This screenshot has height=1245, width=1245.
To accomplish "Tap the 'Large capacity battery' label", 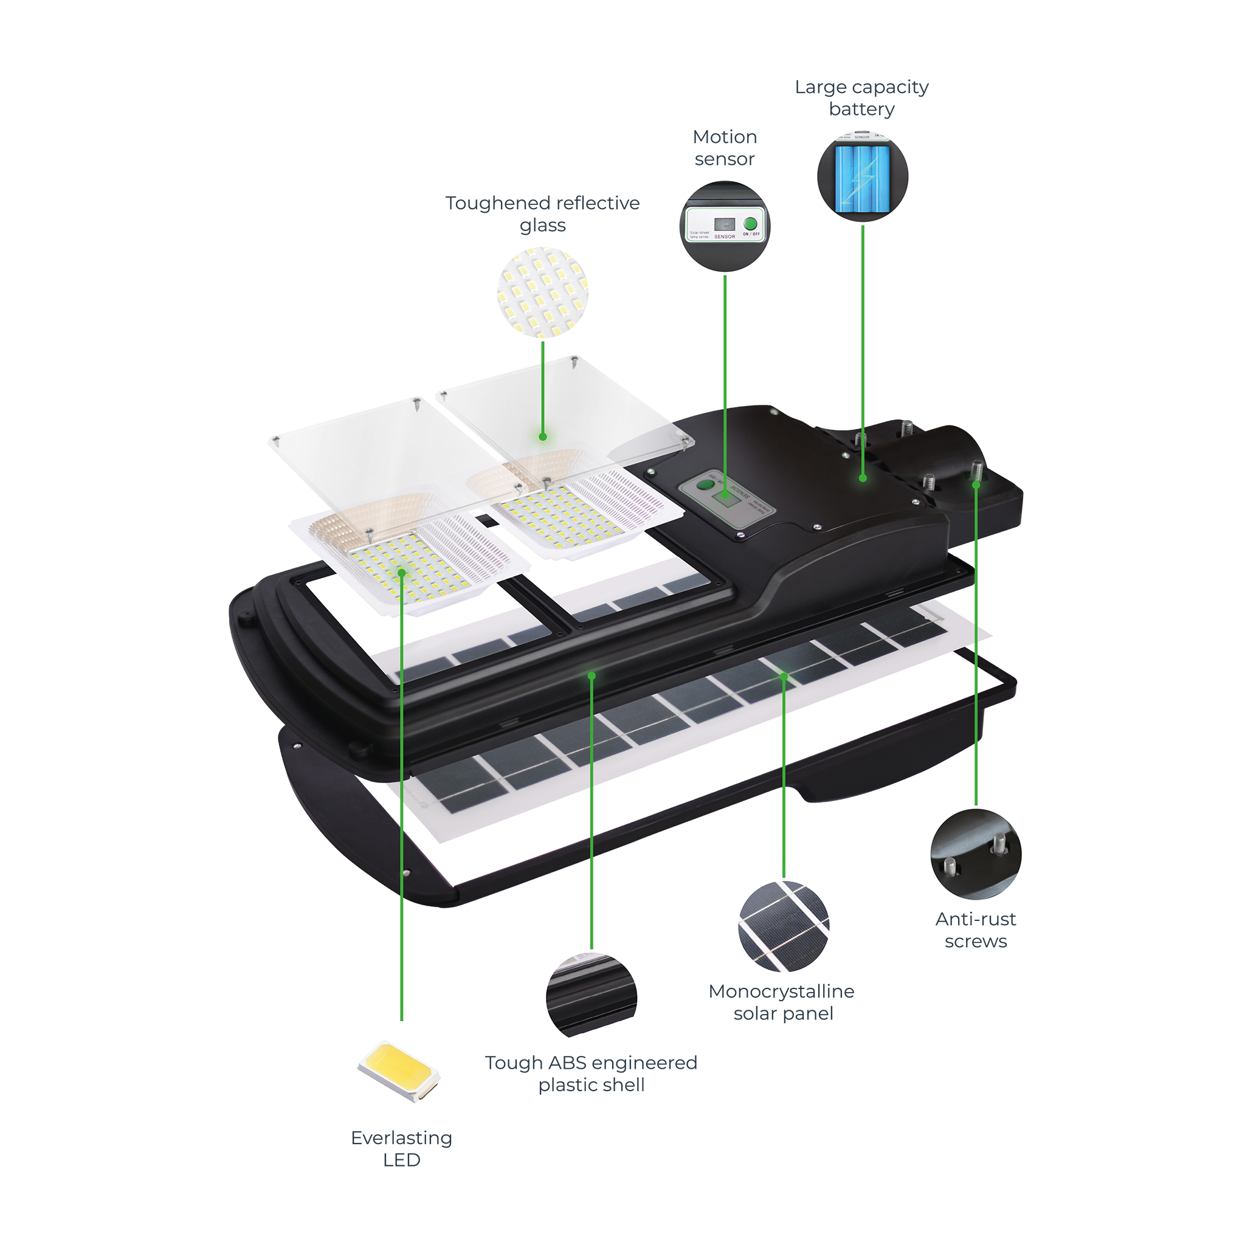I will point(861,98).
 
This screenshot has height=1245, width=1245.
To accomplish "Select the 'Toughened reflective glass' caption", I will point(543,214).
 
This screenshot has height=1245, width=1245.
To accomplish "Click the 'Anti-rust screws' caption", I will point(976,930).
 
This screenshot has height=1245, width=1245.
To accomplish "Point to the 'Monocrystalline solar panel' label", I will point(782,1002).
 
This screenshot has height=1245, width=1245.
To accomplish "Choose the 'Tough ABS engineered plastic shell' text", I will point(591,1074).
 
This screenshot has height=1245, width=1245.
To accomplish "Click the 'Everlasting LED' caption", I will point(401,1148).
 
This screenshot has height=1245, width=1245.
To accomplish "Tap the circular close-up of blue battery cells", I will point(862,176).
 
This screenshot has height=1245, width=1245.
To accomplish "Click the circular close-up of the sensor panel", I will point(725,226).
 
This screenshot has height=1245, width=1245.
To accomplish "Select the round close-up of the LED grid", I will point(543,292).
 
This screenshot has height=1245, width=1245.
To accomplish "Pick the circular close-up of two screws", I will point(976,854).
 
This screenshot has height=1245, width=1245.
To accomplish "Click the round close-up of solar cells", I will point(784,926).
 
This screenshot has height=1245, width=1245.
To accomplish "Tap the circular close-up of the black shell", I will point(591,996).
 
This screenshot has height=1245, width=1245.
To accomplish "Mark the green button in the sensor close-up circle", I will point(750,224).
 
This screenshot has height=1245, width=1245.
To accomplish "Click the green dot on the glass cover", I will point(543,437).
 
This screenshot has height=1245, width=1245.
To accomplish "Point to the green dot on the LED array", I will point(401,572).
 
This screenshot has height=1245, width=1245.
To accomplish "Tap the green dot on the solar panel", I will point(784,677).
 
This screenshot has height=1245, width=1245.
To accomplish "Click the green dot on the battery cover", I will point(863,478).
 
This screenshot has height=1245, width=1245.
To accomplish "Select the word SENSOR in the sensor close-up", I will point(724,236).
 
